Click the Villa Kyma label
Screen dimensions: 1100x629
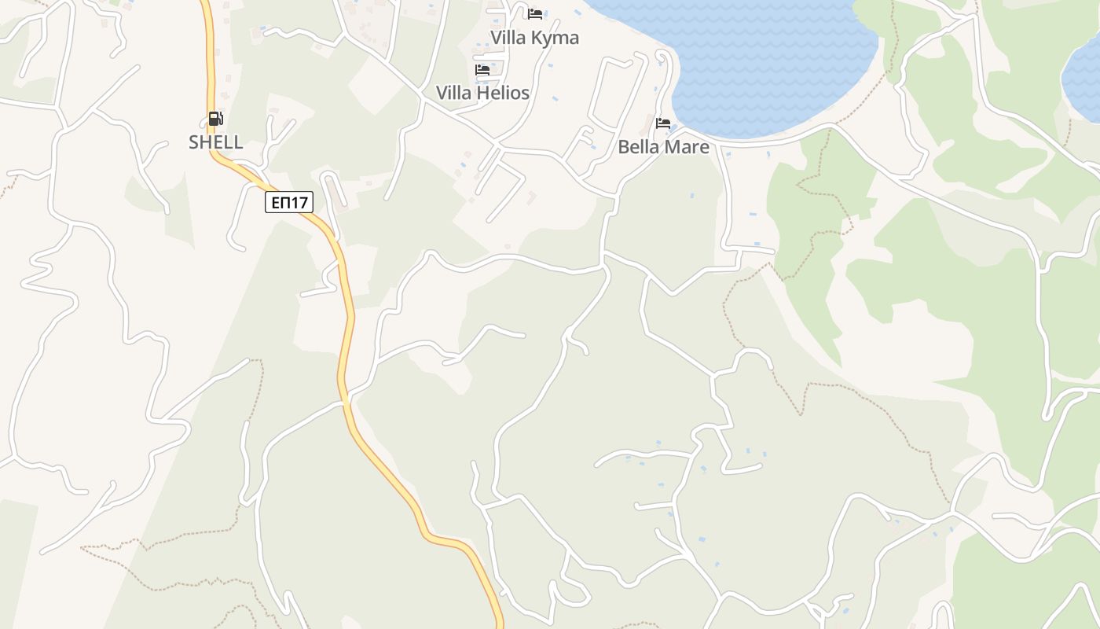[534, 38]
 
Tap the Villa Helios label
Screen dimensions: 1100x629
[482, 93]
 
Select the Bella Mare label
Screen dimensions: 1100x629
[663, 147]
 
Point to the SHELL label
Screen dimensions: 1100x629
[215, 142]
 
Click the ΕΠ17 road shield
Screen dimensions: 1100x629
[289, 203]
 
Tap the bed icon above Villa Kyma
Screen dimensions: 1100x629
[535, 14]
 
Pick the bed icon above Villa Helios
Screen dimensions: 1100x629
[482, 70]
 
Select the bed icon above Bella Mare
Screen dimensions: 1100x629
[663, 123]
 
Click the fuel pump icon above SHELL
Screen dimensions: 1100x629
[215, 119]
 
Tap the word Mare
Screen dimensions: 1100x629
[687, 147]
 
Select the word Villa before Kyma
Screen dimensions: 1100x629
[509, 38]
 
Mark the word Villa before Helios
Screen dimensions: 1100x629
[455, 93]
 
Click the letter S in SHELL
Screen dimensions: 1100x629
[193, 142]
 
